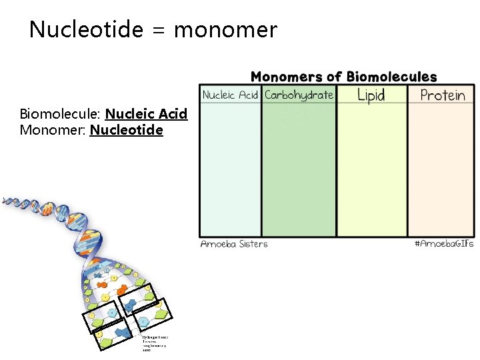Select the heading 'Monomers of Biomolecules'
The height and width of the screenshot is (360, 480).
[x=343, y=77]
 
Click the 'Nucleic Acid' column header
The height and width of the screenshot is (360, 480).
[x=230, y=95]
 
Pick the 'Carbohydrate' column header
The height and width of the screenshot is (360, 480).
[x=299, y=95]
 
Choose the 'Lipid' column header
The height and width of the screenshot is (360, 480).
[x=371, y=95]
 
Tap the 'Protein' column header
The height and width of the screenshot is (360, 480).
[x=443, y=95]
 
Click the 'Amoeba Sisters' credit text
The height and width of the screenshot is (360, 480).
[x=234, y=244]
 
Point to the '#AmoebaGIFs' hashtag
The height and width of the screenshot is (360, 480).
[x=444, y=244]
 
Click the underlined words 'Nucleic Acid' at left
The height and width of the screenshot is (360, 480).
[x=146, y=114]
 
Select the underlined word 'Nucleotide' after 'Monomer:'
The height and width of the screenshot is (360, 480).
[x=126, y=129]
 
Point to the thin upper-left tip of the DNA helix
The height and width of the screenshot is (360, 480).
[x=5, y=199]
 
